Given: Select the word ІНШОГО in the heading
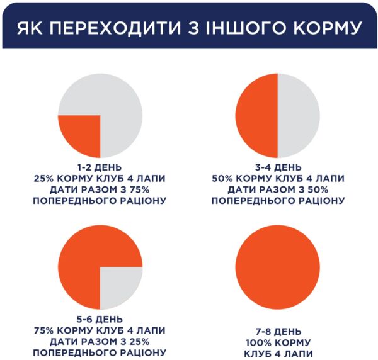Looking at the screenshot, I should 248,28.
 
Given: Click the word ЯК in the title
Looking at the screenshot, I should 35,28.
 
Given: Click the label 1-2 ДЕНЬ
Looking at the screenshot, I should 100,167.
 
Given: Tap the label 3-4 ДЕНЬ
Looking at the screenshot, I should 277,167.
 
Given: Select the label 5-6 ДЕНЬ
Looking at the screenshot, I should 100,318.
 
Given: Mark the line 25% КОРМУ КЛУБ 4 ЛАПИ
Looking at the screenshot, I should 100,179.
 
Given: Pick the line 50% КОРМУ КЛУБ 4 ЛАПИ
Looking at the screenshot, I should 277,179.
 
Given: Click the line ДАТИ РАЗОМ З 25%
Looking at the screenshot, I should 100,341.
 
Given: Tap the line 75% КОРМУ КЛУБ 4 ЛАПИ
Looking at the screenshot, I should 100,330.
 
